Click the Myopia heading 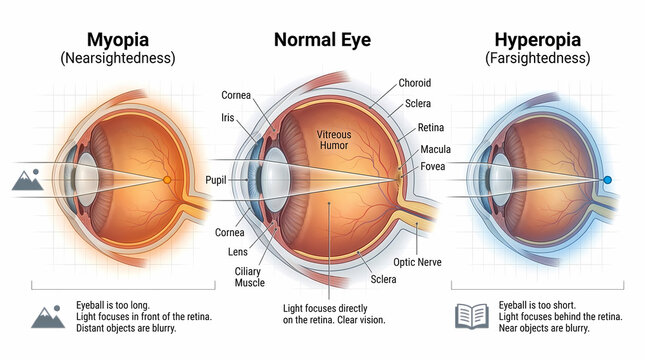[x=117, y=40]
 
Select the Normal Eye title [x=323, y=41]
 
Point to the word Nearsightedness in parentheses [x=117, y=59]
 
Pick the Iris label [x=229, y=118]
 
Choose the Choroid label [x=414, y=83]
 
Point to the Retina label [x=431, y=127]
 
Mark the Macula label [x=434, y=149]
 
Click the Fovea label [x=433, y=167]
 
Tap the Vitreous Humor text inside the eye [x=333, y=139]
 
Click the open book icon [x=471, y=316]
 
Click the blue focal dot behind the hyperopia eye [x=607, y=180]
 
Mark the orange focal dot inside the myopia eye [x=167, y=180]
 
